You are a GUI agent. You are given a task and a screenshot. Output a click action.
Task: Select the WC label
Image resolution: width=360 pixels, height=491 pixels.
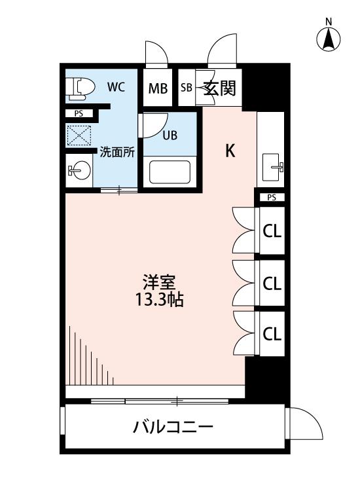[x=116, y=86]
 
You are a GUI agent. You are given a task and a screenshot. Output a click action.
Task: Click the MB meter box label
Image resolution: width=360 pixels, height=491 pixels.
[x=158, y=88]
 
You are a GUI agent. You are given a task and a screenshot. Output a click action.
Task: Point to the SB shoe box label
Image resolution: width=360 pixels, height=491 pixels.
[x=187, y=87]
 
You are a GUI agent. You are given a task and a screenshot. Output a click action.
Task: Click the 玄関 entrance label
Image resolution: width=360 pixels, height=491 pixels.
[x=219, y=88]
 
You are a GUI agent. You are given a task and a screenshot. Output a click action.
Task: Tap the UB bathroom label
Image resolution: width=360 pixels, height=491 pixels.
[x=170, y=136]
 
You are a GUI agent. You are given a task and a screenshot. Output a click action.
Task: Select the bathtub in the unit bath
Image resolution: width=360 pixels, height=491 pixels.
[x=170, y=172]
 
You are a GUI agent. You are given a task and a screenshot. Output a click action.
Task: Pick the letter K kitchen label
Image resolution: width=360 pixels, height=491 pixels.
[x=230, y=151]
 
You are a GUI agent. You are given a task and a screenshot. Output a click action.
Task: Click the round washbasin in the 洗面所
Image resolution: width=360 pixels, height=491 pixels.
[x=79, y=170]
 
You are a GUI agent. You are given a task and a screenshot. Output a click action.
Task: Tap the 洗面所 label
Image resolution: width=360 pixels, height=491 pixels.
[x=117, y=152]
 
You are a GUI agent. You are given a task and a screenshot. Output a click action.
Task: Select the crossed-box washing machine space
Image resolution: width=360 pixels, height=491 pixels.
[x=79, y=136]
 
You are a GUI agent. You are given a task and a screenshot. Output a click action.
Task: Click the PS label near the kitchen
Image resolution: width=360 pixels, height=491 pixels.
[x=272, y=198]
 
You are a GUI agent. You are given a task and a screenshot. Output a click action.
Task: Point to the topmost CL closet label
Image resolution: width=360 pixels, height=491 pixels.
[x=272, y=232]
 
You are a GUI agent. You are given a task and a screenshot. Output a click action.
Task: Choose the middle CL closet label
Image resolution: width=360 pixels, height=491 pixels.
[x=272, y=283]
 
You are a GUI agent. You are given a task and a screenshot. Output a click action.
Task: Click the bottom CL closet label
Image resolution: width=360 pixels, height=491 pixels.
[x=272, y=334]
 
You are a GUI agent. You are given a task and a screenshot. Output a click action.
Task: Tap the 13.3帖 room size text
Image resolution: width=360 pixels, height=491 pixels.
[x=159, y=300]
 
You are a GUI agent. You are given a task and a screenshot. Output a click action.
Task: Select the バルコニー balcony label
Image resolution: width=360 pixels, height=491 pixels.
[x=173, y=427]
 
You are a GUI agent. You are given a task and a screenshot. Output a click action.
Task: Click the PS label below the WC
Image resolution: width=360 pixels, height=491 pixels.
[x=79, y=114]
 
